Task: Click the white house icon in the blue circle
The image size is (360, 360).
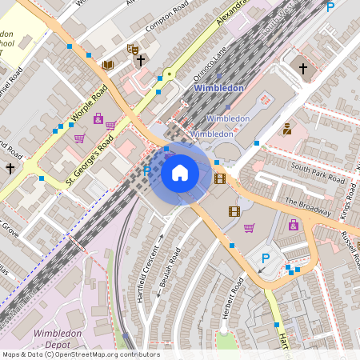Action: point(180,172)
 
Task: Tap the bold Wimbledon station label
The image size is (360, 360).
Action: point(219,87)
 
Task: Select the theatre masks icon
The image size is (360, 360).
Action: point(133,50)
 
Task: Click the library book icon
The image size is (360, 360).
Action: point(108,65)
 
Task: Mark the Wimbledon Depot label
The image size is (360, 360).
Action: point(58,338)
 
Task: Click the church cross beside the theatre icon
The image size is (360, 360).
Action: point(141,60)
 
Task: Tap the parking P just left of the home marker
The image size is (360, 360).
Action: point(146,171)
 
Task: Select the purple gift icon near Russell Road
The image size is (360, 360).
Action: point(294,225)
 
